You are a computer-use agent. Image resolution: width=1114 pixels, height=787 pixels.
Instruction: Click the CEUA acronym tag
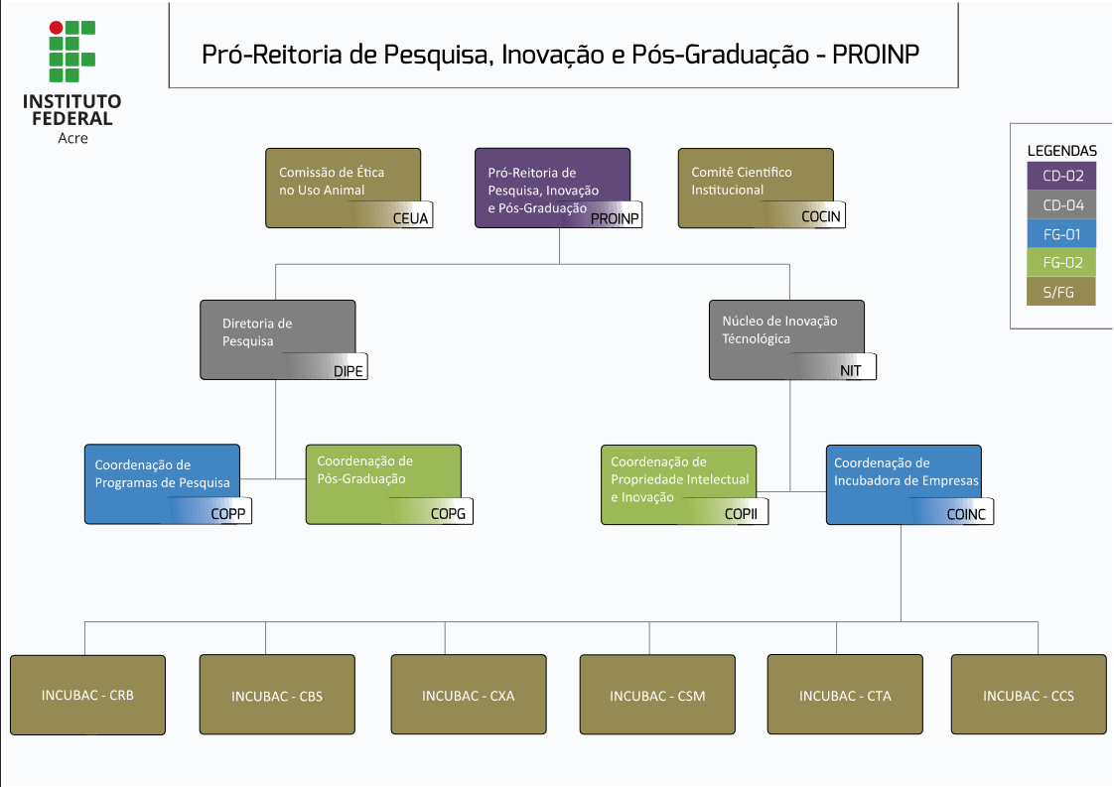click(410, 218)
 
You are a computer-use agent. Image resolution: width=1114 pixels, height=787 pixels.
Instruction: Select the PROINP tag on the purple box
click(615, 218)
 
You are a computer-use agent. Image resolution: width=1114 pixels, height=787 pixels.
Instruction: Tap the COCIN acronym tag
click(822, 216)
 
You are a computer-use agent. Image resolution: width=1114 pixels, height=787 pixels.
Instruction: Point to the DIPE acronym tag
click(348, 371)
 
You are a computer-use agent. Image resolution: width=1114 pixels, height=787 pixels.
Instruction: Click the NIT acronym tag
click(851, 370)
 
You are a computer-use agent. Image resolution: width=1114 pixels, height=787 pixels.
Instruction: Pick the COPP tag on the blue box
click(227, 513)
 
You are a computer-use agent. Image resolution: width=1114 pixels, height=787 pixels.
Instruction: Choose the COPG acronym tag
click(448, 513)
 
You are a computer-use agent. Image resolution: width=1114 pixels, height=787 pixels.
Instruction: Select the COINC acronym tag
click(966, 513)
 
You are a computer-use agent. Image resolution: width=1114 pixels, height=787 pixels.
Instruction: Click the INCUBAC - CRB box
click(87, 695)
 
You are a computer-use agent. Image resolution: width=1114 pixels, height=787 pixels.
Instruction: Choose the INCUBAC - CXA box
click(468, 696)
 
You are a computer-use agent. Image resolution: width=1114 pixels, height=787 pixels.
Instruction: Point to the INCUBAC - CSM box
click(657, 696)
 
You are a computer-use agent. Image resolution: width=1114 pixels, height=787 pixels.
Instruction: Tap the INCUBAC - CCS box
click(1029, 696)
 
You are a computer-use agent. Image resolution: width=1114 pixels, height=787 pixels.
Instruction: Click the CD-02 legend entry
click(1061, 177)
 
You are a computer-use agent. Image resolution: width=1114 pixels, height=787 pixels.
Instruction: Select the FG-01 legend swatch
click(1061, 234)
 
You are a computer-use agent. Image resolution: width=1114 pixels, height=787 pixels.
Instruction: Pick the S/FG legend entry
click(1061, 292)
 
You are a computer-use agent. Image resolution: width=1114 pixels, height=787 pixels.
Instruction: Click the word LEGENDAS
click(1061, 151)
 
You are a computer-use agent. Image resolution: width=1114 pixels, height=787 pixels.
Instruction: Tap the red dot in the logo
click(56, 28)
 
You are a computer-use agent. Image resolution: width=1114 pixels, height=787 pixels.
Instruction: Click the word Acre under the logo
click(72, 138)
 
